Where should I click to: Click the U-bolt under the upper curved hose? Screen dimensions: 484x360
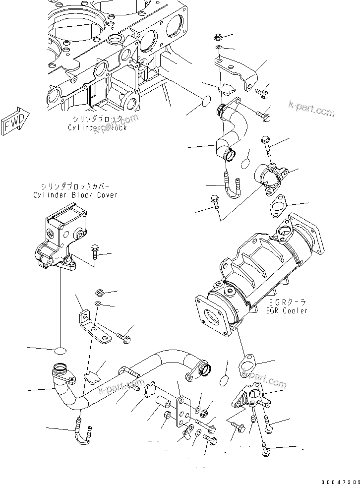tap(232, 185)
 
